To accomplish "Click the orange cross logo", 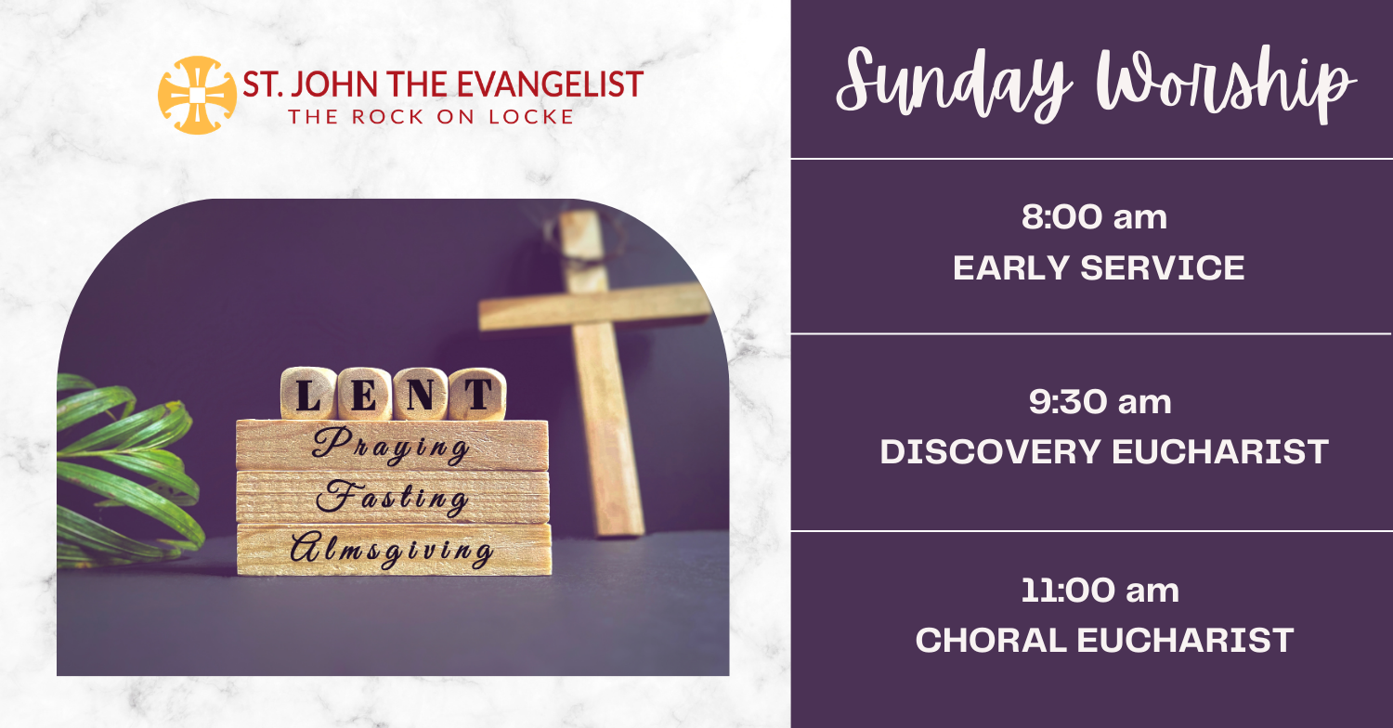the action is (197, 95).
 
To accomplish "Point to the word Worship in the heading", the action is (1225, 84).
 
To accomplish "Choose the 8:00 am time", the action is (1095, 217).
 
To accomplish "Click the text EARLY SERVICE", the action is (1099, 268).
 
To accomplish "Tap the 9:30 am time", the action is (1100, 402).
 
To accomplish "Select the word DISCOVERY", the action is (991, 451).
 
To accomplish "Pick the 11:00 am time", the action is (1100, 590).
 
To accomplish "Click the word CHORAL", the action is (991, 641).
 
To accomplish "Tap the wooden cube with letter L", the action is (307, 393).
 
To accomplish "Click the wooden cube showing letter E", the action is (364, 394).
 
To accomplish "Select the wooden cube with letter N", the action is (421, 394).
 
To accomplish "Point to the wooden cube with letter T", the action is (477, 394).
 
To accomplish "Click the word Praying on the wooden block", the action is (391, 445).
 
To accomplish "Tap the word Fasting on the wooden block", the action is (393, 498).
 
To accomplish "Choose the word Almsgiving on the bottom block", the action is (392, 550).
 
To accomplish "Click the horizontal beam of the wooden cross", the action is (594, 305).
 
